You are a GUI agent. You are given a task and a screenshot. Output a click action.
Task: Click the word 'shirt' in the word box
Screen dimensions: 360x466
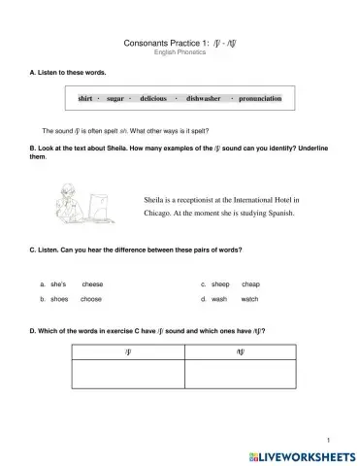click(85, 99)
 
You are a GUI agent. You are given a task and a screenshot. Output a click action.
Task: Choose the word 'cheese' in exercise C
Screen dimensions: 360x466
click(92, 284)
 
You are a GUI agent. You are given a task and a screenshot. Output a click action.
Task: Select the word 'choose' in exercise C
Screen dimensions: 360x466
click(91, 300)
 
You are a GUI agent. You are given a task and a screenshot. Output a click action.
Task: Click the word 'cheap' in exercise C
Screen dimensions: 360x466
click(250, 284)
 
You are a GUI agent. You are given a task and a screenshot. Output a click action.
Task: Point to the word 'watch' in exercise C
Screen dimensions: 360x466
click(249, 300)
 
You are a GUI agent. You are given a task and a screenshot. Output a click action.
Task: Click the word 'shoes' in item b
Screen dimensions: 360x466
click(57, 300)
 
